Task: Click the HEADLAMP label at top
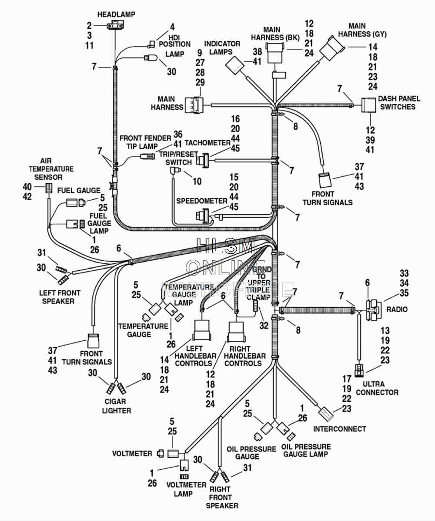(x=116, y=14)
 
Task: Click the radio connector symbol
(x=374, y=310)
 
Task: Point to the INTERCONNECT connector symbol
(x=327, y=414)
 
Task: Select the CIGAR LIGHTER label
(x=116, y=406)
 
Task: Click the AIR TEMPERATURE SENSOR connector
(x=49, y=189)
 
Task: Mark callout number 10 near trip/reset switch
(x=197, y=181)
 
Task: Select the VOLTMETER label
(x=132, y=454)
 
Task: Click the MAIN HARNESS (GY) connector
(x=331, y=48)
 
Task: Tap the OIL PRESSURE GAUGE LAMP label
(x=306, y=450)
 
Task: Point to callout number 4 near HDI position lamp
(x=172, y=27)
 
